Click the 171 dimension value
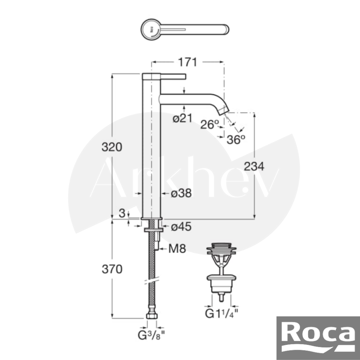tap(188, 62)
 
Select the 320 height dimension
tap(112, 147)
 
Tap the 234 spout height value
tap(254, 166)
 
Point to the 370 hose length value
tap(112, 269)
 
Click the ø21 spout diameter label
tap(183, 118)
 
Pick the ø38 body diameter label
tap(181, 193)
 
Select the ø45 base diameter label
tap(181, 227)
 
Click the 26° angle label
tap(210, 125)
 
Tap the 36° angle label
tap(236, 140)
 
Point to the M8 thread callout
tap(177, 249)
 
